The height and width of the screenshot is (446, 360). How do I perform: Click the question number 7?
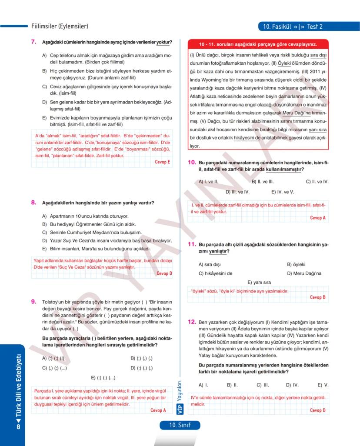click(33, 42)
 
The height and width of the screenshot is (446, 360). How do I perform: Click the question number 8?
click(33, 203)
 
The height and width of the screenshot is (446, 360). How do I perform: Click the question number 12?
click(191, 322)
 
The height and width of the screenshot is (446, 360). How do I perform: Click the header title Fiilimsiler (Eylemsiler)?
click(60, 27)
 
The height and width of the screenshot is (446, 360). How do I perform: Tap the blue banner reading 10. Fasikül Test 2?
click(292, 27)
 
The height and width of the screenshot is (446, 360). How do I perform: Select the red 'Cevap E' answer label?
click(162, 162)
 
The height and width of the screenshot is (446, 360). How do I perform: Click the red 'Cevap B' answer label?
click(317, 297)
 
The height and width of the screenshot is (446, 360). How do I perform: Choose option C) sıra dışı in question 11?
click(210, 264)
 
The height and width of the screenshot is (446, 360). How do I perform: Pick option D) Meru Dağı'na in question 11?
click(304, 273)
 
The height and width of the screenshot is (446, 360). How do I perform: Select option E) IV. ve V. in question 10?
click(282, 191)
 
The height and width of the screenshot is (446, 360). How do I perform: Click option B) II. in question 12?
click(232, 385)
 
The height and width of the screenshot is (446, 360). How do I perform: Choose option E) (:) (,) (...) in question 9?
click(103, 377)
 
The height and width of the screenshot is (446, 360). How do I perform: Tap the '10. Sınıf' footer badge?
click(180, 425)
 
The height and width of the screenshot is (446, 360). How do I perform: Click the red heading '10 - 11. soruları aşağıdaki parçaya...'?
click(258, 44)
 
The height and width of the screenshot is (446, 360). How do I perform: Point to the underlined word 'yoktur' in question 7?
click(163, 42)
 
